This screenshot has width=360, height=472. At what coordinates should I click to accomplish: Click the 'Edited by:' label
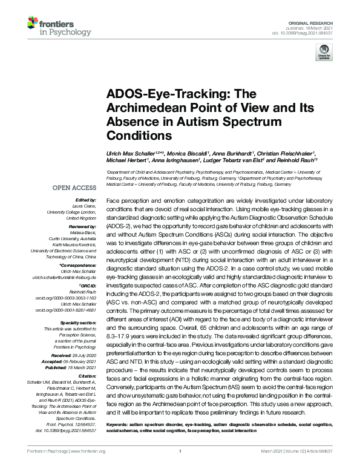click(85, 200)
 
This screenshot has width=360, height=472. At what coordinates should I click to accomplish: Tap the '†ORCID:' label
click(87, 284)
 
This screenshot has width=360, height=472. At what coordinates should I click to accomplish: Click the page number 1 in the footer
click(180, 468)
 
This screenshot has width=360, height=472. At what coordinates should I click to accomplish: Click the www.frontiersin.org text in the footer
click(88, 468)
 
